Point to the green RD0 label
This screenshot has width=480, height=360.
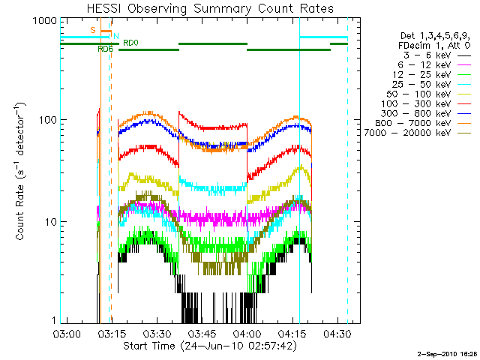(x=130, y=43)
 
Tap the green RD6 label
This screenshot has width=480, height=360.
(x=105, y=49)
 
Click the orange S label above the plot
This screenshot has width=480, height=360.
(x=92, y=30)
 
